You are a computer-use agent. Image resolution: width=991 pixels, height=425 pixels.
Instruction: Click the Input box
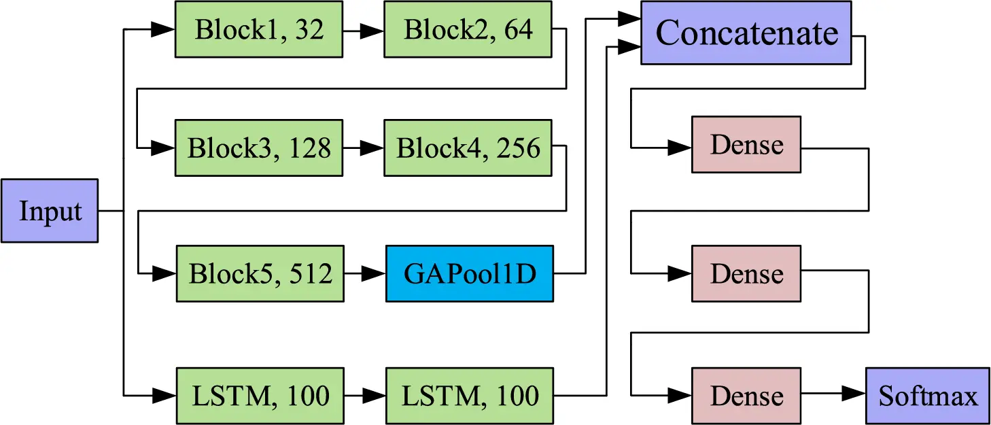point(50,211)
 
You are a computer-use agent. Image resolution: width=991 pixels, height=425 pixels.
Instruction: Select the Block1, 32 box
point(259,30)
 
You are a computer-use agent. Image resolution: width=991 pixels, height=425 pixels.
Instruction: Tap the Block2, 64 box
point(468,30)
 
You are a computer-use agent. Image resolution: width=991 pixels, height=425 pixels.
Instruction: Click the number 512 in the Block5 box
point(311,273)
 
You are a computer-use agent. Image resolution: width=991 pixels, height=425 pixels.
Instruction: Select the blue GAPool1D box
point(470,273)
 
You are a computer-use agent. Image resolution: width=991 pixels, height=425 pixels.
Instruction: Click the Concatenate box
point(746,33)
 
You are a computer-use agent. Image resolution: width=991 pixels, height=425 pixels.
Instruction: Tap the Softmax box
point(928,396)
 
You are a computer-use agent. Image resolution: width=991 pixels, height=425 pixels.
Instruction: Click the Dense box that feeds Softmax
point(746,396)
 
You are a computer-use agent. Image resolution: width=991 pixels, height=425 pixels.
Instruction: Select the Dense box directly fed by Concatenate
point(746,144)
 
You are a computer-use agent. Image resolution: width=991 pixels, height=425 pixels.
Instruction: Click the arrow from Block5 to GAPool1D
point(365,273)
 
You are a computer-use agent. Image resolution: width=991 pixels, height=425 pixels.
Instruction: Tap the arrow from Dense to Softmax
point(833,394)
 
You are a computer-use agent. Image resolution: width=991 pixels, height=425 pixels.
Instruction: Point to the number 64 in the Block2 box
point(518,30)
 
